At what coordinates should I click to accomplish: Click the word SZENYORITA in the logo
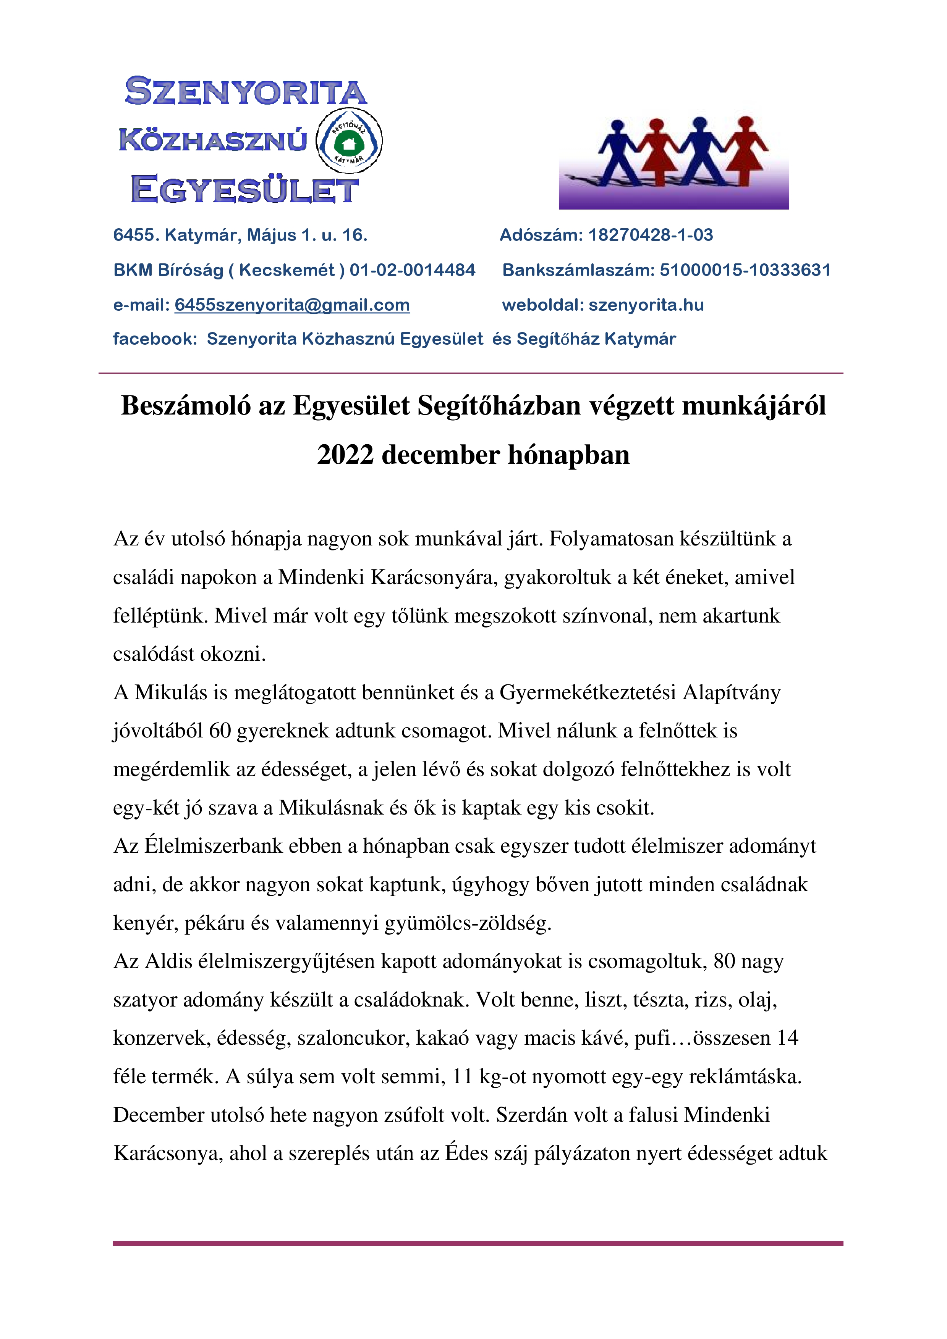(246, 92)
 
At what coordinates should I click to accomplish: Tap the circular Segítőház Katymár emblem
(349, 140)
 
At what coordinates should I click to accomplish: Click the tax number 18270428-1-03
(650, 235)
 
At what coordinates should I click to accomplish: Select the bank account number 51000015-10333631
(745, 270)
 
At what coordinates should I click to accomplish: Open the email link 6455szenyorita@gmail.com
(292, 305)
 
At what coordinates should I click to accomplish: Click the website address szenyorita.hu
(646, 305)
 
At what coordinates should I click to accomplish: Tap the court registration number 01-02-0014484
(412, 270)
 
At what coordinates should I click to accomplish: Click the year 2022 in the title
(345, 455)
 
